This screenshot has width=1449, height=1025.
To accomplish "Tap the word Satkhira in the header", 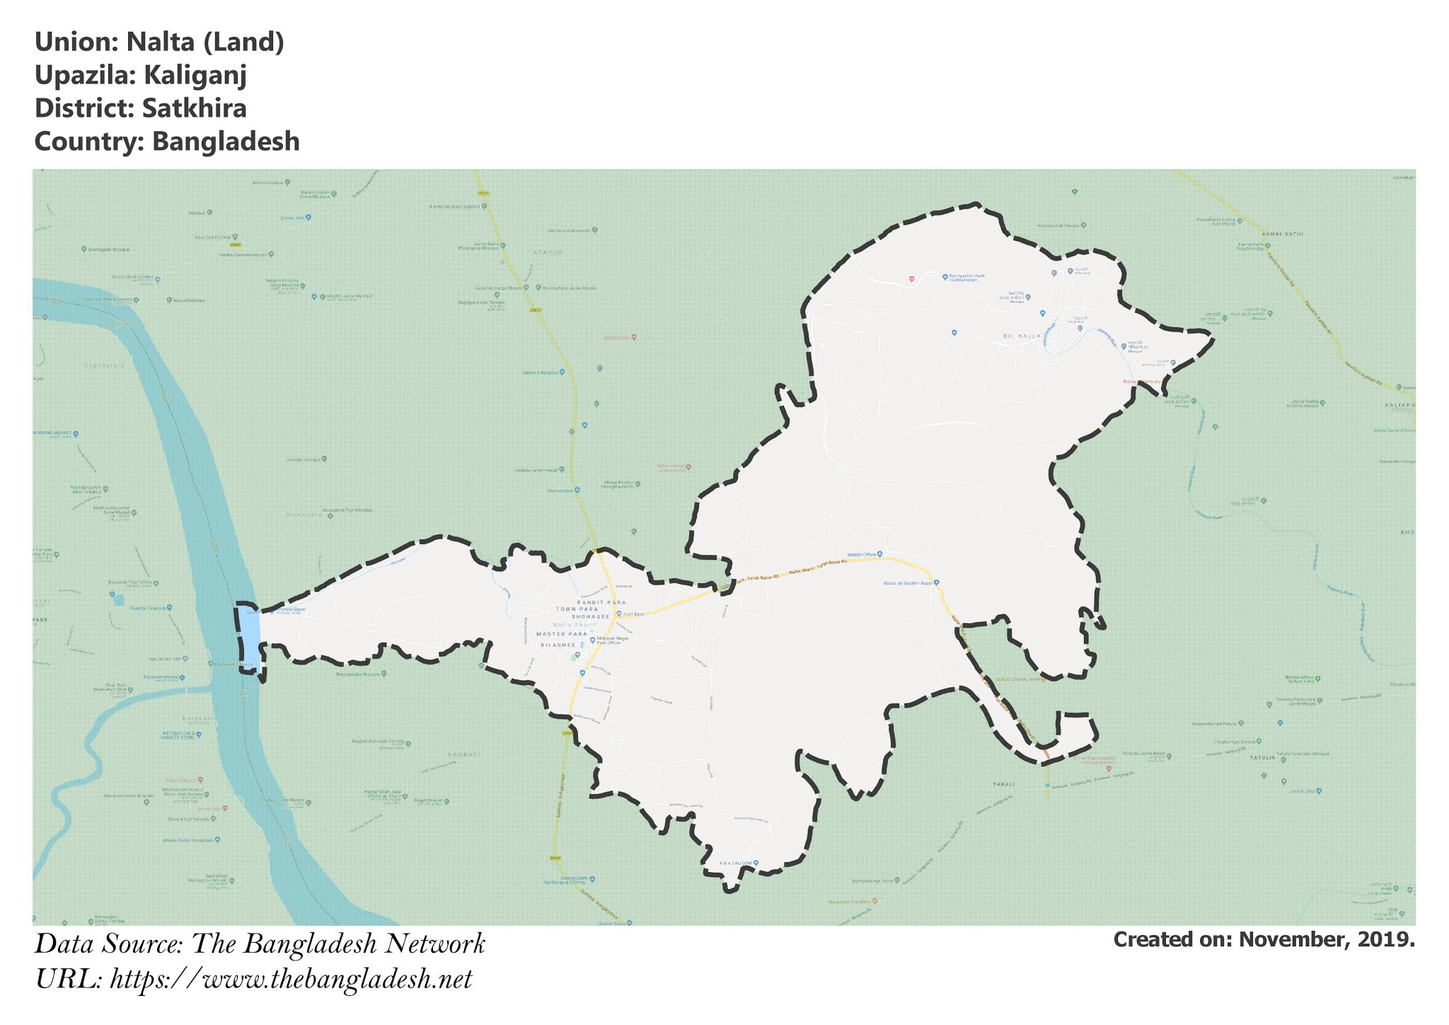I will (194, 108).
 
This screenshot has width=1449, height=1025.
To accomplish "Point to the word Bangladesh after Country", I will (226, 142).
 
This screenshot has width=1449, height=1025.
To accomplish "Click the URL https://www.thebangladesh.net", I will (291, 980).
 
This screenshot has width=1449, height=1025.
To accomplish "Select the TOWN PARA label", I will (577, 609).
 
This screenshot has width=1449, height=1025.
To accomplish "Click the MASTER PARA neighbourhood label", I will (562, 634).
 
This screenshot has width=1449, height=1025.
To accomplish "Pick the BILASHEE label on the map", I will (558, 646).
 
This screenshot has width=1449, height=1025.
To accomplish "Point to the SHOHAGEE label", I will (590, 617).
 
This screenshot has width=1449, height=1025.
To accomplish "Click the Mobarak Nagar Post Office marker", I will (592, 640).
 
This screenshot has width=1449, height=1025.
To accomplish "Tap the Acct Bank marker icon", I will (619, 614).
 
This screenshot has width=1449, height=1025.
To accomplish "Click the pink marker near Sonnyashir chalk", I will (911, 279).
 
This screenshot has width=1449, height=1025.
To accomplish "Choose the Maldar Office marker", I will (880, 554).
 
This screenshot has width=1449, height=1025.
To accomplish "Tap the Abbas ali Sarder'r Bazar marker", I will (937, 583).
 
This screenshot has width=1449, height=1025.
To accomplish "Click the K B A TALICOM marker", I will (756, 863).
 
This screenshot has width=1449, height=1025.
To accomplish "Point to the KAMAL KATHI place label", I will (1283, 234).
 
